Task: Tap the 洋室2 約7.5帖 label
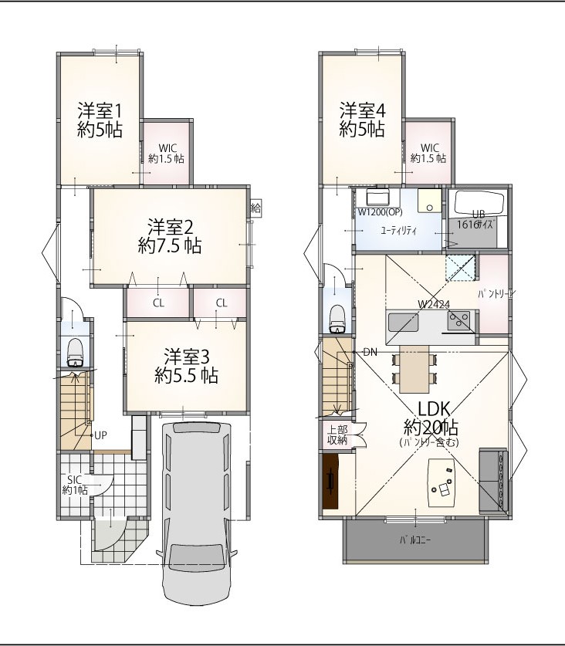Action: click(x=170, y=236)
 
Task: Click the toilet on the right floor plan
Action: click(x=338, y=319)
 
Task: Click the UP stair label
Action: click(x=100, y=435)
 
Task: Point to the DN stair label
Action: click(x=370, y=352)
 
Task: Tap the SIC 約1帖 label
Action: click(x=75, y=485)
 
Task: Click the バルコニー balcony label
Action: click(x=415, y=540)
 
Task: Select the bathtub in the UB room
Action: click(x=479, y=203)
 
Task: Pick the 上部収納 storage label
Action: click(x=337, y=435)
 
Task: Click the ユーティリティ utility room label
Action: click(x=398, y=231)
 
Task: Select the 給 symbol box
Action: click(x=255, y=208)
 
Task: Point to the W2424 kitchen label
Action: click(x=434, y=304)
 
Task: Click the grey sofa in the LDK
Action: click(x=493, y=480)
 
